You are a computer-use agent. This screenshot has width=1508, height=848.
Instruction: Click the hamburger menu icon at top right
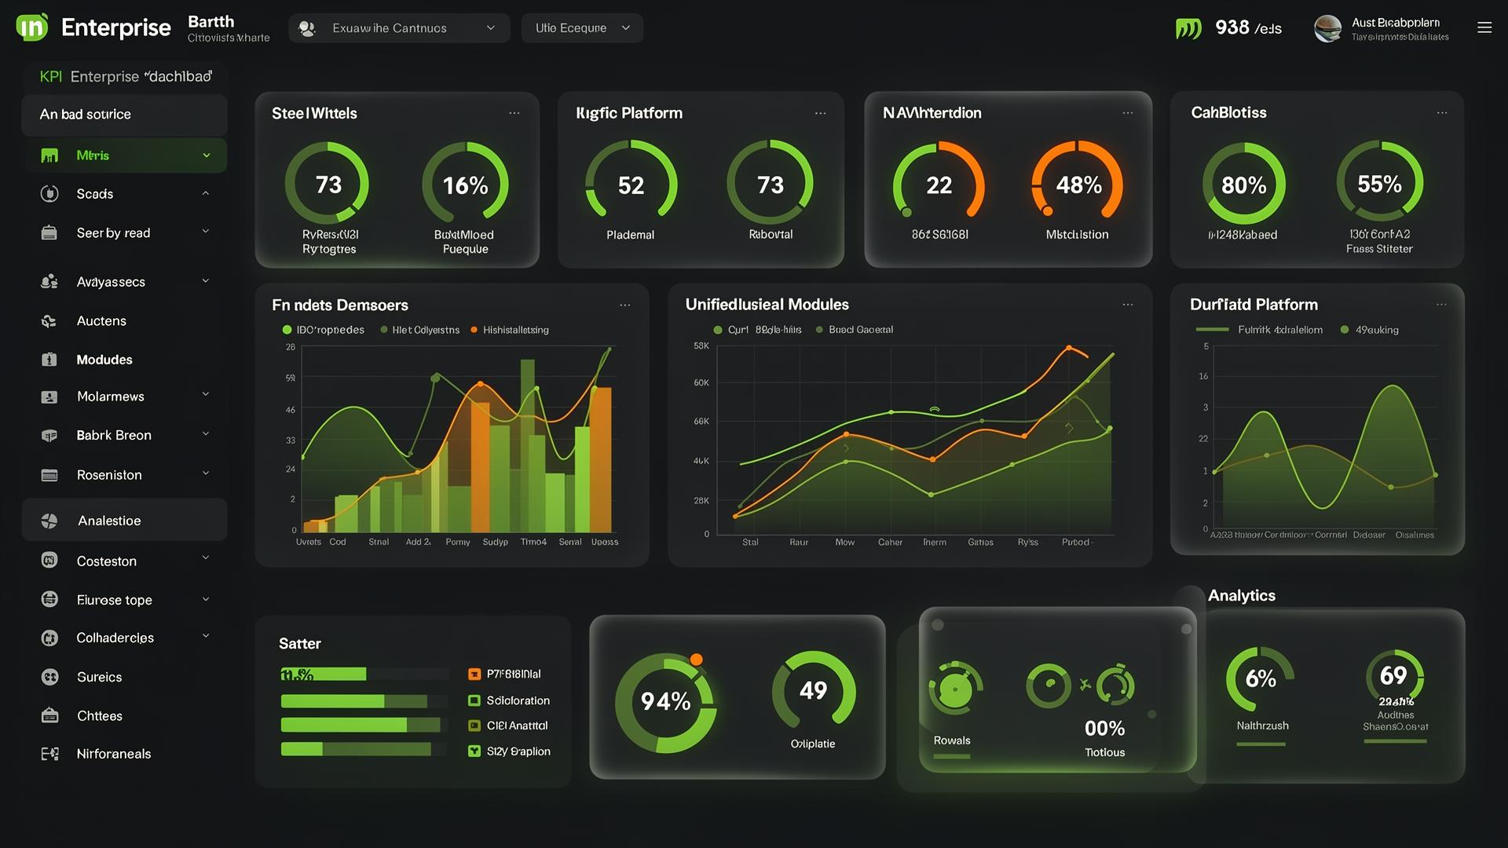coord(1484,27)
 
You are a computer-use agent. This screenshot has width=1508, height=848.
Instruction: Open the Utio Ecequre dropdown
coord(582,28)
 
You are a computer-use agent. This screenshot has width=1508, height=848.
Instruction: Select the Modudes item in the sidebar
coord(104,360)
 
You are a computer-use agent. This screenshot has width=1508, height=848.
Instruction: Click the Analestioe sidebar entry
coord(109,521)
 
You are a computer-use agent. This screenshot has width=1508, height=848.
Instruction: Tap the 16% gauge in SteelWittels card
coord(465,185)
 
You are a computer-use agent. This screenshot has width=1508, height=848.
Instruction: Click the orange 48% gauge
coord(1078,185)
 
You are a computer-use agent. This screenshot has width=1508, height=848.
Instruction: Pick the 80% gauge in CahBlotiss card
coord(1243,185)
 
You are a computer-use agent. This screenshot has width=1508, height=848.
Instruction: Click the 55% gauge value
coord(1379,184)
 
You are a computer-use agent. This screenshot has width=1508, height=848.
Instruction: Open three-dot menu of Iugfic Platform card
coord(820,113)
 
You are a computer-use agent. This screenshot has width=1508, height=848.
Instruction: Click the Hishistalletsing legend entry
coord(515,330)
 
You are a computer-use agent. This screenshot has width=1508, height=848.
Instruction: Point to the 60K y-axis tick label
coord(701,382)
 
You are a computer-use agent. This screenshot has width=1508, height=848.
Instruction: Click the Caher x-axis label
coord(890,542)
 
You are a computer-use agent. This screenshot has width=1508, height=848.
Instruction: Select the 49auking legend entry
coord(1376,330)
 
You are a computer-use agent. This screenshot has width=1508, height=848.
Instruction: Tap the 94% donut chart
coord(665,701)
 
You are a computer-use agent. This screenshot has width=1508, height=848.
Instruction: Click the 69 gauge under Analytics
coord(1393,675)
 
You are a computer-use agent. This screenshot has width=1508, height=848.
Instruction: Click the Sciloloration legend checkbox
coord(474,700)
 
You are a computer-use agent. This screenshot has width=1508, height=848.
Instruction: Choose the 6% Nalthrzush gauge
coord(1260,679)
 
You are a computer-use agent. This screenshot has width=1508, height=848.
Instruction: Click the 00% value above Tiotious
coord(1104,729)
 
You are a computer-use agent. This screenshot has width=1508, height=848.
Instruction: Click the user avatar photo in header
coord(1327,28)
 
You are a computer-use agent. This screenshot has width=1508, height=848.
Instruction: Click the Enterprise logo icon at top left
coord(32,27)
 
